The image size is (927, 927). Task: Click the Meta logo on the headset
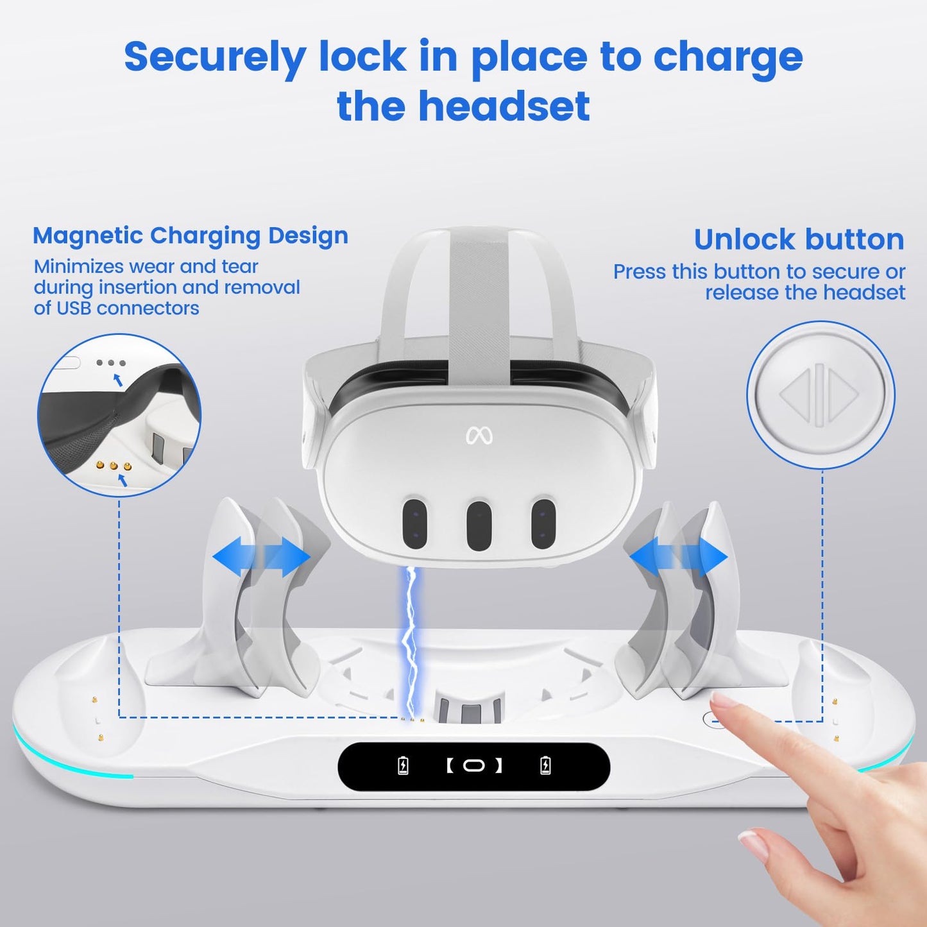[479, 436]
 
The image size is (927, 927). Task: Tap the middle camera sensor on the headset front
[479, 525]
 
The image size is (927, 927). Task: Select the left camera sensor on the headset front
[414, 523]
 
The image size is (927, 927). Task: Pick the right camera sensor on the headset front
[543, 523]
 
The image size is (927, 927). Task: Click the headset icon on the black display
[474, 765]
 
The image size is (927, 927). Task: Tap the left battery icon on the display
[403, 765]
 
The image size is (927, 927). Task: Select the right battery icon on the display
[545, 765]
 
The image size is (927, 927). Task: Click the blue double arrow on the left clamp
[261, 556]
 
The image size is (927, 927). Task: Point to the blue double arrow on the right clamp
[679, 556]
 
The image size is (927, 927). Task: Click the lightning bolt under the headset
[409, 642]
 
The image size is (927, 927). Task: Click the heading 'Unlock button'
[799, 240]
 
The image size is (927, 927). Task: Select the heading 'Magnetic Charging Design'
[191, 236]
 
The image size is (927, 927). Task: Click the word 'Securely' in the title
[214, 58]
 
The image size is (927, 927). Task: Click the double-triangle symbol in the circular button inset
[819, 395]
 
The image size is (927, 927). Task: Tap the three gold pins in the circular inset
[114, 466]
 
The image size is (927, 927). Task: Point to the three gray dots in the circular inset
[111, 363]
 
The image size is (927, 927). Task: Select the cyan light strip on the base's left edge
[64, 763]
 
